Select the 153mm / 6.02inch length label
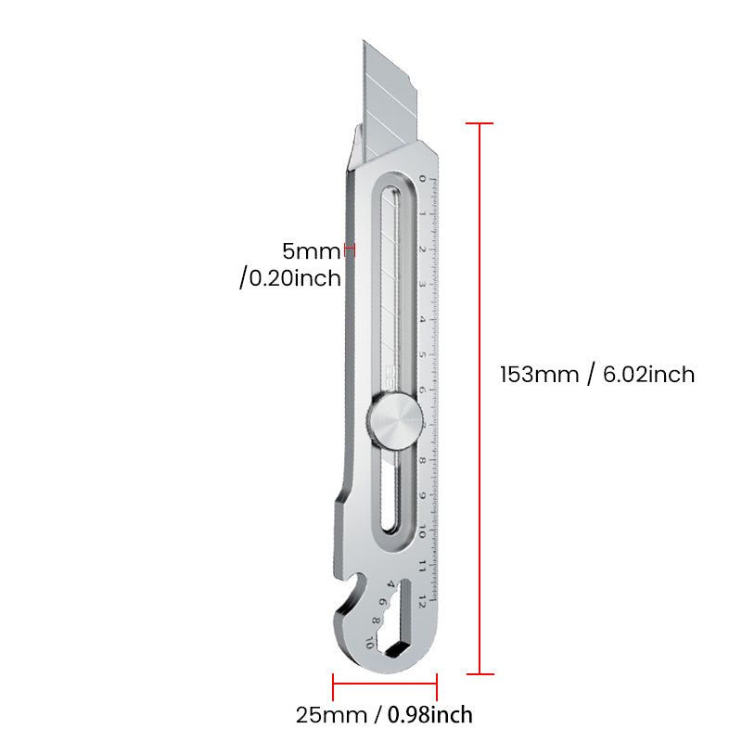596,375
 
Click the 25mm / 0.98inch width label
384,715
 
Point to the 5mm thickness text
313,249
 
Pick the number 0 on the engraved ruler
422,178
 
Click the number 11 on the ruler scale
422,566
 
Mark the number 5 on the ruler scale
422,354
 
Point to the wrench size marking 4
390,584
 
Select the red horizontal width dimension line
384,687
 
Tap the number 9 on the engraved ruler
422,495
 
